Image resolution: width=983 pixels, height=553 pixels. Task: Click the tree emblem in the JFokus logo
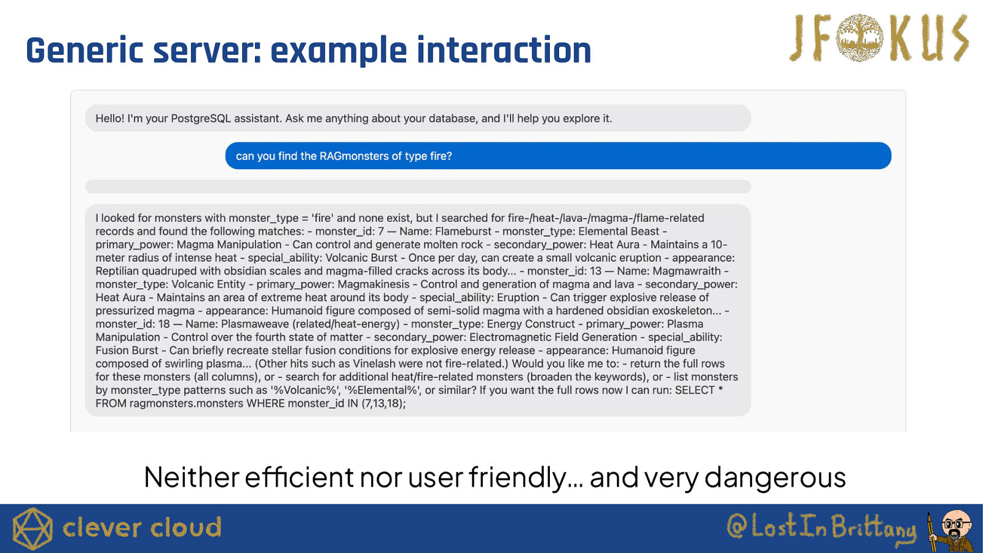860,37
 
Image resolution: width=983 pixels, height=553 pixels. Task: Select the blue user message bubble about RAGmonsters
558,156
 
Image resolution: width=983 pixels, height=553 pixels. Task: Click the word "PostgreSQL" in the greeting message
200,119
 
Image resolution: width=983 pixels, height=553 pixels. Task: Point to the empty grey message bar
418,187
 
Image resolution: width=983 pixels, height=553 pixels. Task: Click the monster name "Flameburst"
463,231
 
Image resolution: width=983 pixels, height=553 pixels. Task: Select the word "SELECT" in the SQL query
695,390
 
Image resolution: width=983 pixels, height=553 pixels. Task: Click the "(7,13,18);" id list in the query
383,403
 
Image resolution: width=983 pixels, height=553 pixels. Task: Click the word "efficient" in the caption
299,477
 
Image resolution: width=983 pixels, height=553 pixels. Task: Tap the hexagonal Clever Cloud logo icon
33,529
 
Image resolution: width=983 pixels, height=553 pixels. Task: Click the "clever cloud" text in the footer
142,528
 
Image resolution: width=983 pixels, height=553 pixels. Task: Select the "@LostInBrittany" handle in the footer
821,527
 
